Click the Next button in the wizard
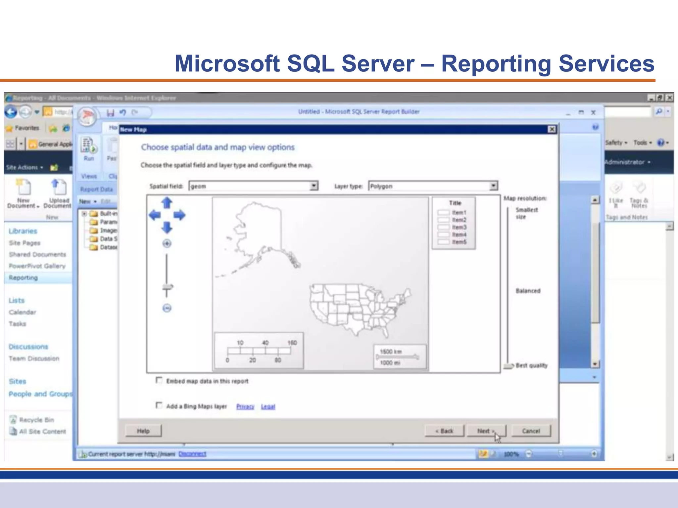(486, 431)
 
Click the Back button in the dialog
(444, 431)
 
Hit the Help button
(143, 431)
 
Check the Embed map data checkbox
(159, 380)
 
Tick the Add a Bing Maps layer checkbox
(159, 405)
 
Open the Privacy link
(245, 406)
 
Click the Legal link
(268, 406)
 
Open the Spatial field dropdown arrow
(314, 186)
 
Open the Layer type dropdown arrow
(493, 186)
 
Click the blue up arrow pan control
(167, 202)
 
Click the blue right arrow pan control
(179, 215)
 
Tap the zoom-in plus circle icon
(167, 244)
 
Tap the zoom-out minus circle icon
(167, 308)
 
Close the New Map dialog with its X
(552, 129)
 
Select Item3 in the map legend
(459, 227)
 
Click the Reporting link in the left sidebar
(23, 278)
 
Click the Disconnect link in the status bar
(192, 454)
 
